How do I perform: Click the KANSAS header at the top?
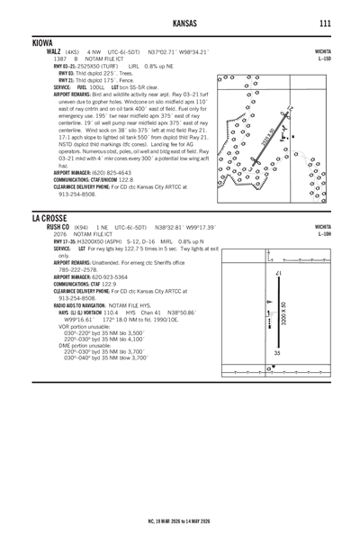tap(180, 23)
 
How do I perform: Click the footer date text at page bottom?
tap(180, 520)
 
